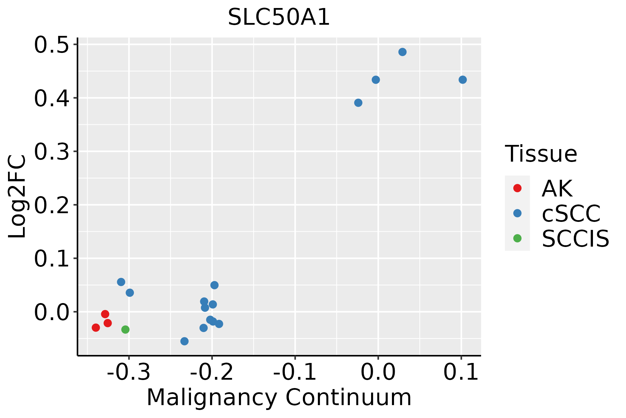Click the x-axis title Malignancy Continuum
click(x=279, y=397)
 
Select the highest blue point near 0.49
click(x=402, y=52)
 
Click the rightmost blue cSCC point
click(x=463, y=80)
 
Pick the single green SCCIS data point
click(x=126, y=330)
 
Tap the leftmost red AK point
click(x=96, y=327)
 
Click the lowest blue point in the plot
click(x=185, y=341)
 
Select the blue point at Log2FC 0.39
click(x=358, y=103)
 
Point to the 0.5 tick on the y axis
click(x=51, y=45)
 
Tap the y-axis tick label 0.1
click(x=51, y=258)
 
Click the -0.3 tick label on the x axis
click(x=129, y=373)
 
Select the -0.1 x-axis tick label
click(x=295, y=373)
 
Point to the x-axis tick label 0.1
click(x=461, y=373)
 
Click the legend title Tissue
click(x=541, y=154)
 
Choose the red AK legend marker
click(x=517, y=188)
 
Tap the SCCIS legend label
click(x=576, y=239)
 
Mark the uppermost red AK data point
click(x=105, y=314)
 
